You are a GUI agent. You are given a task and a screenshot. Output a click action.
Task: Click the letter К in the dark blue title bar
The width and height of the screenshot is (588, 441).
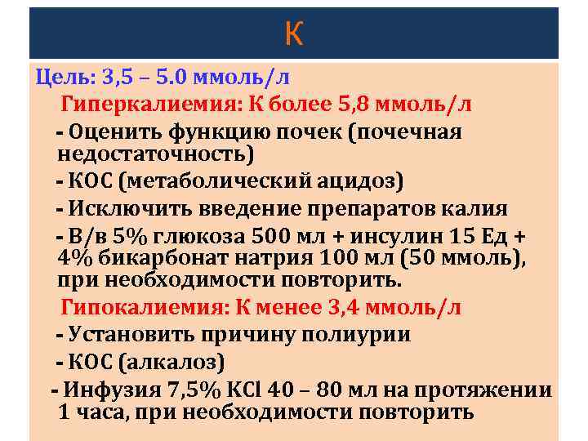pos(294,33)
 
